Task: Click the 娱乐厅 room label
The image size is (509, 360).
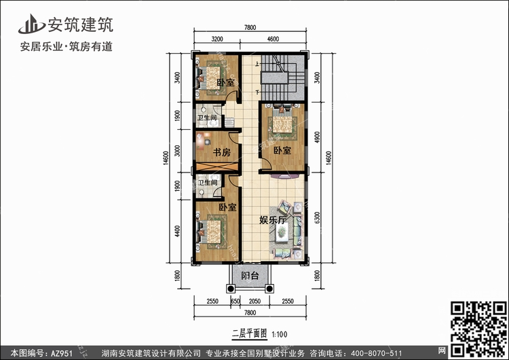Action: click(273, 220)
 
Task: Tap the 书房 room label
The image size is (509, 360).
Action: click(222, 151)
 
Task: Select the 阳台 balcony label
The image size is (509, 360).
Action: click(250, 276)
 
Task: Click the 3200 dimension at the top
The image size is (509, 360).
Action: click(217, 39)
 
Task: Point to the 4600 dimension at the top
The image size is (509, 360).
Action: click(273, 39)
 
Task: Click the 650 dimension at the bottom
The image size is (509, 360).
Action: click(235, 301)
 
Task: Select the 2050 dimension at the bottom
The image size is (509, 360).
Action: click(254, 301)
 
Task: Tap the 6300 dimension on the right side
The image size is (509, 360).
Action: click(317, 217)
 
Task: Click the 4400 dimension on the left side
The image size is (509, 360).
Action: click(177, 232)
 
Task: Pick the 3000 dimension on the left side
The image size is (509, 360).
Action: click(177, 151)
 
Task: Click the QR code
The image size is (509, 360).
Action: click(479, 328)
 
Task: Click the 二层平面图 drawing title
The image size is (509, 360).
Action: click(249, 334)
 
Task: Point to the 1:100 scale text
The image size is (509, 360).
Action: click(279, 334)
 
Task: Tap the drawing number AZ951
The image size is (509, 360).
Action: click(61, 353)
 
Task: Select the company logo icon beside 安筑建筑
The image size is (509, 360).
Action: click(31, 24)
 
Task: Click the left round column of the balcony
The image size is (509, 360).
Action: click(231, 289)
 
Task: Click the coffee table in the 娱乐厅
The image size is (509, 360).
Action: click(282, 232)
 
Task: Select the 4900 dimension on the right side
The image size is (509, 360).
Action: click(317, 137)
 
